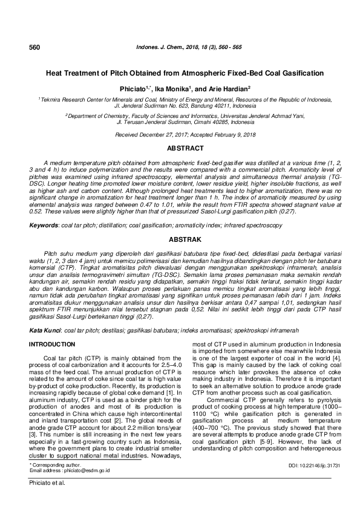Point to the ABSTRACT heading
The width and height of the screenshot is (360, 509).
180,148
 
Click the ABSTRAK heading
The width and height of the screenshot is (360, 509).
180,239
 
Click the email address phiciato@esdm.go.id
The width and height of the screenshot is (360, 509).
75,470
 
